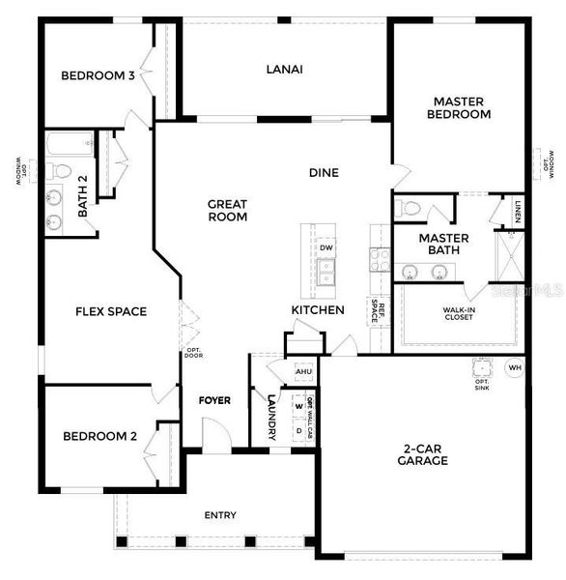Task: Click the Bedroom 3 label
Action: [98, 76]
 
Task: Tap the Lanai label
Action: [285, 69]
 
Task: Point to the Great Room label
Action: [228, 210]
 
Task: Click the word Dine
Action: [324, 173]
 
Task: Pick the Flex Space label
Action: [111, 311]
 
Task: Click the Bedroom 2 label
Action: [99, 436]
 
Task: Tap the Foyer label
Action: [214, 400]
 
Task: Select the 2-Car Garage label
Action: [425, 454]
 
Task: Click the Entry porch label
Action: [220, 515]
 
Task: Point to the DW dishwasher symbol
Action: [326, 247]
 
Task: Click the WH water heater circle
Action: [514, 367]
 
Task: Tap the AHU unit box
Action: [303, 372]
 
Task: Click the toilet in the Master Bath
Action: [410, 207]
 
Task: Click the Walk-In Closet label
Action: [459, 315]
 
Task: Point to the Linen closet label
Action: [518, 212]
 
